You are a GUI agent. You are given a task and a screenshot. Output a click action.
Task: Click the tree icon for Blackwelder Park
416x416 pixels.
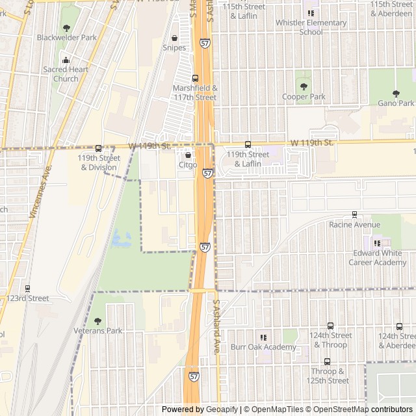pos(66,28)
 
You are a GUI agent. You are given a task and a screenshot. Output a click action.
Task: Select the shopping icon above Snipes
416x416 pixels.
pos(174,38)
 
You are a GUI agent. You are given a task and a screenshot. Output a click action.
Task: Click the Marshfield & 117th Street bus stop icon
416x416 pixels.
pos(195,79)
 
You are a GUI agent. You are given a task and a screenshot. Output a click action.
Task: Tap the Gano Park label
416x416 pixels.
pos(396,103)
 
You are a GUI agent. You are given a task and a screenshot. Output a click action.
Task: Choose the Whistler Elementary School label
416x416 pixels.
pos(311,27)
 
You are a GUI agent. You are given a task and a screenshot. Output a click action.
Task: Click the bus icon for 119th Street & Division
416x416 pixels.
pos(99,148)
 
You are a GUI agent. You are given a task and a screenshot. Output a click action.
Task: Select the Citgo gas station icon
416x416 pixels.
pos(188,155)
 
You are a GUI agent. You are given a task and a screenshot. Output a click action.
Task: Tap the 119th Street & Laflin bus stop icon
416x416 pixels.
pos(247,144)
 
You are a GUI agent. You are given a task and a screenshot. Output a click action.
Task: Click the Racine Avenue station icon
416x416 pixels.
pos(354,214)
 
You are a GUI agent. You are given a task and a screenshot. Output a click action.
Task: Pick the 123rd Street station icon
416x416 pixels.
pos(27,289)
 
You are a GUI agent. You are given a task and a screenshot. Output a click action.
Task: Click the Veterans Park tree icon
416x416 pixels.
pos(97,321)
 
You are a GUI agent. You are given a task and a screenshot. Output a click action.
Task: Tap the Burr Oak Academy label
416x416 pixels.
pos(263,347)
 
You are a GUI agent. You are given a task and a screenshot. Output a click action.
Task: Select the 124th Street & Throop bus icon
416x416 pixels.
pos(330,326)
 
